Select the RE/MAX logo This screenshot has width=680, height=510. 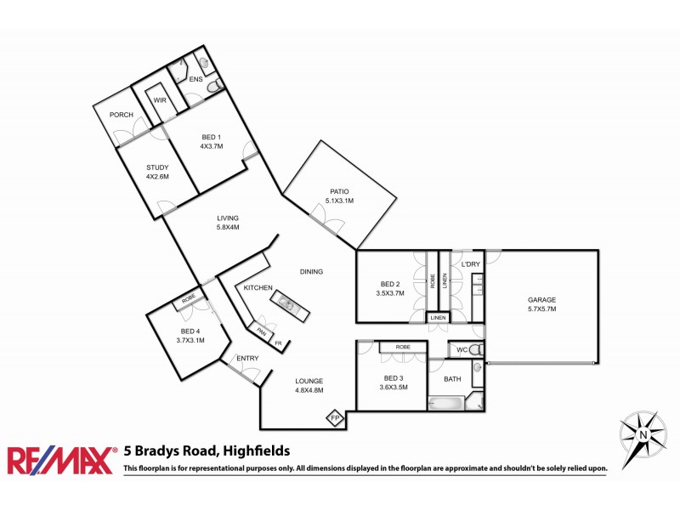pos(60,460)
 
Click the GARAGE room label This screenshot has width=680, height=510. pos(541,300)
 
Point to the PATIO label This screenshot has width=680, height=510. pos(338,191)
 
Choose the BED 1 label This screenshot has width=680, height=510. pos(211,137)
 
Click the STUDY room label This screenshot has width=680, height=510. pos(158,167)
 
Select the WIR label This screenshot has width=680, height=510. pos(159,100)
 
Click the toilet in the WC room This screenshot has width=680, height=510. pos(476,349)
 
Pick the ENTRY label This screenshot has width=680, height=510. pos(247,359)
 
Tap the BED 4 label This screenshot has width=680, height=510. pos(191,331)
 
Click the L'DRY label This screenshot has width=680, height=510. pos(471,265)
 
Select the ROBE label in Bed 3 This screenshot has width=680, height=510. pos(403,347)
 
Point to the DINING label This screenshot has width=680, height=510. pos(311,272)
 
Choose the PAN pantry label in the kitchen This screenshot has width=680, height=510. pos(263,331)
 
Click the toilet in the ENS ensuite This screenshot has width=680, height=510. pos(214,85)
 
